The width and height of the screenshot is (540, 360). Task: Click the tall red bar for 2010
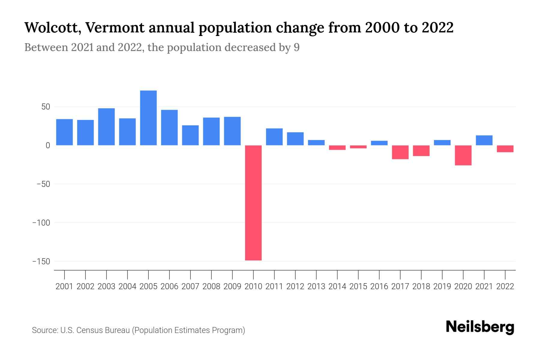point(253,203)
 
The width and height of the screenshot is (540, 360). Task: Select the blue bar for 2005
point(148,118)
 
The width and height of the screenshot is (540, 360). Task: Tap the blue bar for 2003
point(106,127)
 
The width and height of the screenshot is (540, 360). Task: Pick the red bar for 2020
point(463,155)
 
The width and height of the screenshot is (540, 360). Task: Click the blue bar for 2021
point(484,140)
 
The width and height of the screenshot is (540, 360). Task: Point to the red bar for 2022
point(505,149)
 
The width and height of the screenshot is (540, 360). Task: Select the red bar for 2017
point(400,152)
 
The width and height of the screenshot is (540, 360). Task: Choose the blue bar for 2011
point(274,137)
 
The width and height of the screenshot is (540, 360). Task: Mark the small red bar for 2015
point(358,147)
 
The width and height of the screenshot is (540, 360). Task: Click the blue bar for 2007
point(190,135)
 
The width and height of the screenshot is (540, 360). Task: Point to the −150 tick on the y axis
point(41,262)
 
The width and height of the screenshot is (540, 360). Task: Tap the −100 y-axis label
point(41,223)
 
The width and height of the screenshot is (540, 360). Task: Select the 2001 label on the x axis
point(64,286)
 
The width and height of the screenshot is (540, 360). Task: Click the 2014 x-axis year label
point(337,286)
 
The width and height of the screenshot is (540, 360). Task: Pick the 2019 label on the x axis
point(442,286)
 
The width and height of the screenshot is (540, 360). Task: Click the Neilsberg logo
point(480,327)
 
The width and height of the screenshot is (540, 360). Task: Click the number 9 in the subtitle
point(296,47)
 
